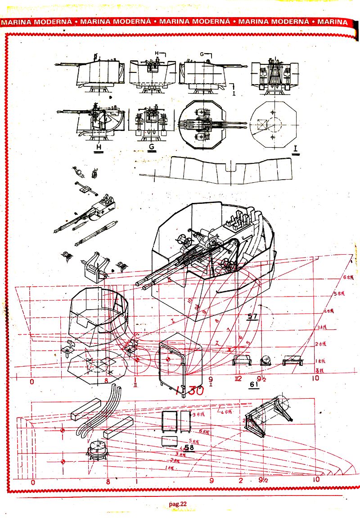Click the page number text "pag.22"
tap(177, 504)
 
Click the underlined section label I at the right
tap(296, 149)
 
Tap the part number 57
tap(252, 317)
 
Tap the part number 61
tap(254, 385)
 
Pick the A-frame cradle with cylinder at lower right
tap(268, 416)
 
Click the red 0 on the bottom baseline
tap(32, 482)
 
